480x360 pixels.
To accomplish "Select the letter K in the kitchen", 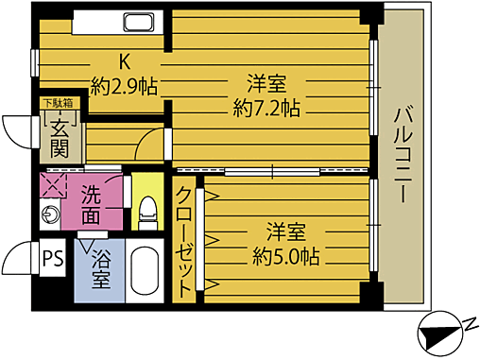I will [x=123, y=62].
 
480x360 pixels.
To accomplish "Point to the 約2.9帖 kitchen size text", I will [x=124, y=85].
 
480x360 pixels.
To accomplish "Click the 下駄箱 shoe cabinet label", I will [x=55, y=103].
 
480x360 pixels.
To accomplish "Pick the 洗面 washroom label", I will [x=92, y=206].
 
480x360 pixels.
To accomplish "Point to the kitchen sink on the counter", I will [x=139, y=24].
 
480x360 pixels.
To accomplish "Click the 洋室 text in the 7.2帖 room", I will [x=266, y=83].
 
